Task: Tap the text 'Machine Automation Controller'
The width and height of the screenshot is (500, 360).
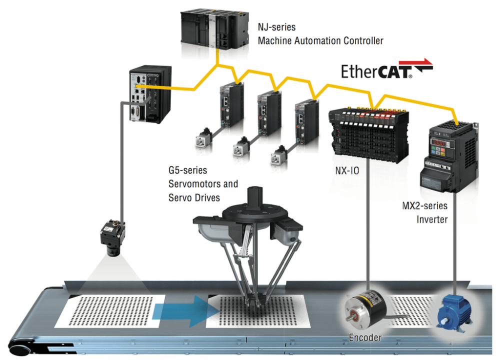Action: tap(320, 40)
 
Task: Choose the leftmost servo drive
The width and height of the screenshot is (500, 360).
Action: tap(231, 105)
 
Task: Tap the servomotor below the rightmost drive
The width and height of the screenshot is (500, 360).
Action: tap(280, 156)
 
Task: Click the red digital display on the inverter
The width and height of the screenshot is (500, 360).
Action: tap(439, 143)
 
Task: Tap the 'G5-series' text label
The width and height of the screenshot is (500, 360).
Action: tap(187, 171)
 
